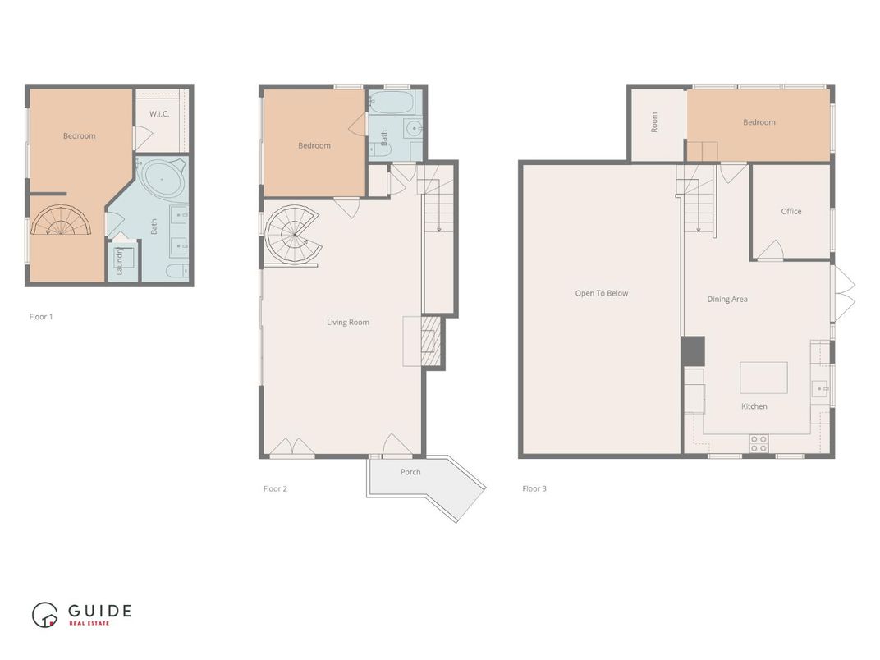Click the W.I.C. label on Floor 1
click(159, 113)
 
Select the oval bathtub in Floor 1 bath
click(163, 178)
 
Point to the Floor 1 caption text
click(41, 316)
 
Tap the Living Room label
click(348, 323)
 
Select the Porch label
click(410, 472)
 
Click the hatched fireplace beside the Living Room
click(431, 341)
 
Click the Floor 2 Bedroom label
click(314, 145)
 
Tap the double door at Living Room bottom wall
click(292, 447)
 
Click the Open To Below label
click(602, 293)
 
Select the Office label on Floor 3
click(791, 211)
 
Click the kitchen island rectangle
click(763, 378)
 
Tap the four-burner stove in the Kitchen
click(759, 443)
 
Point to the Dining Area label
click(727, 299)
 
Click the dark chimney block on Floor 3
click(693, 351)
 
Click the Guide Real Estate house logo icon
click(45, 615)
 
